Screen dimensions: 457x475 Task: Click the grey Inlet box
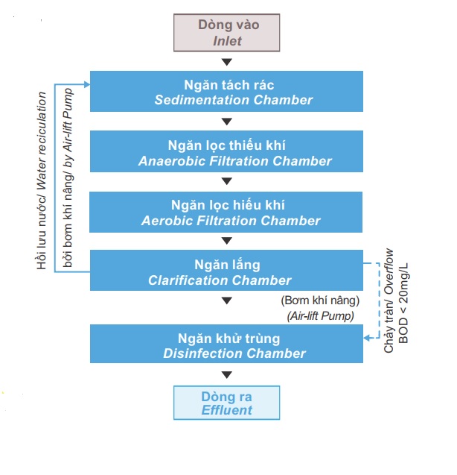pyautogui.click(x=226, y=33)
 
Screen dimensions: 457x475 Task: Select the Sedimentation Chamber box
pyautogui.click(x=226, y=91)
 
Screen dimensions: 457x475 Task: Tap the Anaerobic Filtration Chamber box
pyautogui.click(x=226, y=151)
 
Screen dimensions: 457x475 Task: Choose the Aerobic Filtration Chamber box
pyautogui.click(x=226, y=212)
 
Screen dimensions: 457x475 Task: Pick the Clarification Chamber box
pyautogui.click(x=226, y=270)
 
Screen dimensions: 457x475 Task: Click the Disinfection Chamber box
pyautogui.click(x=226, y=344)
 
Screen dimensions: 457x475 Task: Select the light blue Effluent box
pyautogui.click(x=226, y=403)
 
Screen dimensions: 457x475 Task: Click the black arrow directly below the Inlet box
pyautogui.click(x=227, y=62)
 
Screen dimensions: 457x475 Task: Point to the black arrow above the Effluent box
pyautogui.click(x=227, y=375)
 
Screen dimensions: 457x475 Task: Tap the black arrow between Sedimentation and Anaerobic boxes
pyautogui.click(x=227, y=122)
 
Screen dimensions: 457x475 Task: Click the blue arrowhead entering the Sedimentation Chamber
pyautogui.click(x=87, y=84)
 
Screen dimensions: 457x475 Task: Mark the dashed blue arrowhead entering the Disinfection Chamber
pyautogui.click(x=367, y=338)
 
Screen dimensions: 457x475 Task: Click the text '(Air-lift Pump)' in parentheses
pyautogui.click(x=321, y=316)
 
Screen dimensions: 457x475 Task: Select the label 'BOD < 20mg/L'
pyautogui.click(x=403, y=303)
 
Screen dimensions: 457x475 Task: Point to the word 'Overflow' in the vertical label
pyautogui.click(x=389, y=271)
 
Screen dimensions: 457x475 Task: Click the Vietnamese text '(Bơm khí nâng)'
pyautogui.click(x=320, y=301)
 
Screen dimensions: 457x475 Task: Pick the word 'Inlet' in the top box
pyautogui.click(x=227, y=41)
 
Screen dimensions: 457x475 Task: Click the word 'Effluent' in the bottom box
pyautogui.click(x=227, y=410)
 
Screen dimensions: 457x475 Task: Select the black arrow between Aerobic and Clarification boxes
pyautogui.click(x=227, y=241)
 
